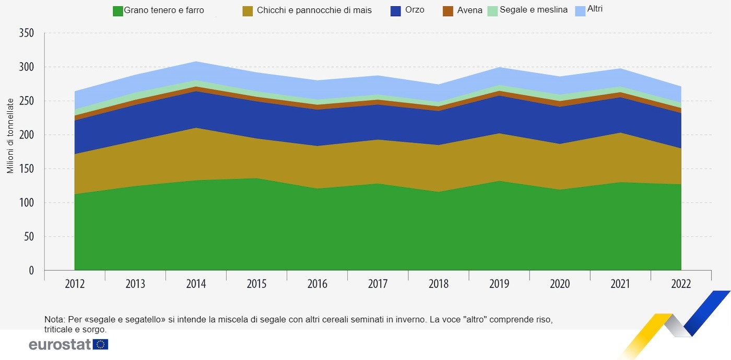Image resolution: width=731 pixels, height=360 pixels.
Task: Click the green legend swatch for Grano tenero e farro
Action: click(x=118, y=11)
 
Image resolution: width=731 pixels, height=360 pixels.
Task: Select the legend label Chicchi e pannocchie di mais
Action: click(x=314, y=10)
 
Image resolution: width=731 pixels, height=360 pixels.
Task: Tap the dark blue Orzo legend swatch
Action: click(x=396, y=11)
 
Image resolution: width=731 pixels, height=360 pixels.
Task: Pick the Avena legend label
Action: click(x=469, y=10)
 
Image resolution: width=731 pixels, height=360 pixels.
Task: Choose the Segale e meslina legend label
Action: click(x=533, y=10)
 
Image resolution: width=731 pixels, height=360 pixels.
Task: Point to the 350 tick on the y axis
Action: click(x=26, y=33)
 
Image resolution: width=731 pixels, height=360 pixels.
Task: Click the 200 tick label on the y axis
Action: click(x=26, y=135)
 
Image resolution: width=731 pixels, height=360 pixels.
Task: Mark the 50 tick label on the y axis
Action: click(x=28, y=237)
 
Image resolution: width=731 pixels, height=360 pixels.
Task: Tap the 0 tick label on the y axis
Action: click(x=31, y=271)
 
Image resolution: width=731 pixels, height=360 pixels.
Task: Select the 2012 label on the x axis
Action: click(x=75, y=284)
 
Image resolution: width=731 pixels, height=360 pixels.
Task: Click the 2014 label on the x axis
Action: click(x=196, y=284)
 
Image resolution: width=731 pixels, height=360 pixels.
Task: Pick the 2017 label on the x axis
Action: click(x=378, y=284)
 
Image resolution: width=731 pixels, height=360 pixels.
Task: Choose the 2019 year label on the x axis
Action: click(x=499, y=284)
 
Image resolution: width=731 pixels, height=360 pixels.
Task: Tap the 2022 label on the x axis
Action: click(x=681, y=284)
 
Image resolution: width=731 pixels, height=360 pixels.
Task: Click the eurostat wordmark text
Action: click(x=60, y=345)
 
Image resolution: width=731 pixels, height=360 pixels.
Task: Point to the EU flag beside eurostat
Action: click(x=100, y=344)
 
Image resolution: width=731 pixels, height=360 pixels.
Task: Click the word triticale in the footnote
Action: click(x=60, y=330)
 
